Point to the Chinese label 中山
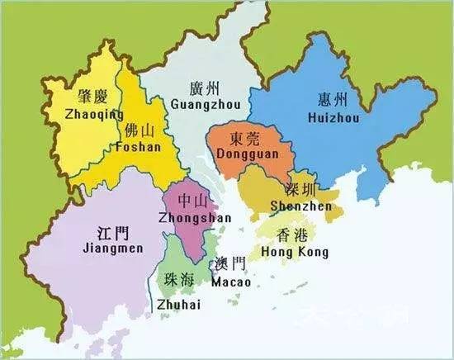tap(191, 201)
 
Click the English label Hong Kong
tap(295, 252)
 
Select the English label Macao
tap(230, 282)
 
